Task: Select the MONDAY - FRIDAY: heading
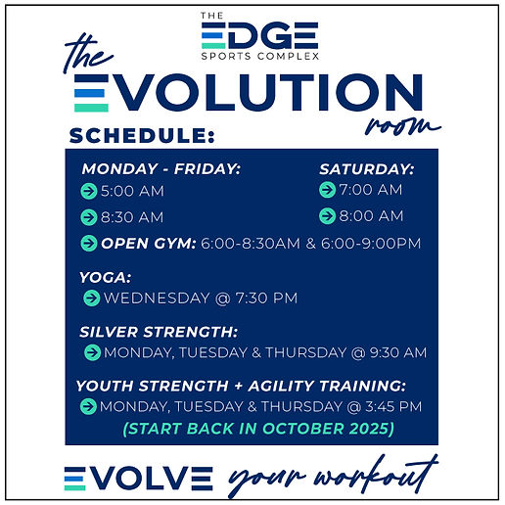point(161,169)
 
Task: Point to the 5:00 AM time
point(132,192)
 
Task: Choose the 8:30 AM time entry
point(132,217)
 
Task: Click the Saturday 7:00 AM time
point(371,190)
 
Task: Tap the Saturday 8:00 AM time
point(371,215)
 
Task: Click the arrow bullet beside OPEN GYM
point(90,243)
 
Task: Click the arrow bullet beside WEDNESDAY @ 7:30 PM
point(92,298)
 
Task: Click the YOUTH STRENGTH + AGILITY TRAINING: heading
point(241,386)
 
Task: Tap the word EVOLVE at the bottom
point(138,478)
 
